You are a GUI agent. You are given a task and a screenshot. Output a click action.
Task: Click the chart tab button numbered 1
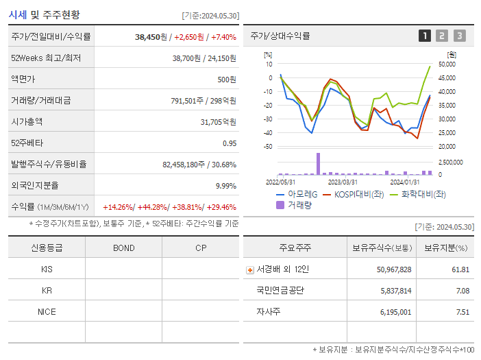pos(425,36)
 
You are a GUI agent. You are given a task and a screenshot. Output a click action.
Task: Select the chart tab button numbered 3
pos(459,36)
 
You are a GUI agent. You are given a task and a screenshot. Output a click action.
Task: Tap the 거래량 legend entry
pos(295,204)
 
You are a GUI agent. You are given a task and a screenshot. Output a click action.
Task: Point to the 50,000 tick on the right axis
pos(447,64)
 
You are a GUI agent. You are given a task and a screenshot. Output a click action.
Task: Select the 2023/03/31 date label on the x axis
pos(343,182)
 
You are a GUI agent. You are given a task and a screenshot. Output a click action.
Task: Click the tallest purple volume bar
pos(318,164)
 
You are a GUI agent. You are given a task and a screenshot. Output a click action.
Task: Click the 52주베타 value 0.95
pos(229,143)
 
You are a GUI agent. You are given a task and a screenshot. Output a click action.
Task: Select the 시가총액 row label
pos(27,122)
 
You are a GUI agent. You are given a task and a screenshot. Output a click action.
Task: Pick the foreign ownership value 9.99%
pos(225,185)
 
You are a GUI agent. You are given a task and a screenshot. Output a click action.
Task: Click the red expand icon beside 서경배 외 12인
pos(249,269)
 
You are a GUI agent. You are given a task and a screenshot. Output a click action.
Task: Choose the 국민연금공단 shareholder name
pos(280,291)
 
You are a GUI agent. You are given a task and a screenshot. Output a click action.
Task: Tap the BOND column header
pos(123,248)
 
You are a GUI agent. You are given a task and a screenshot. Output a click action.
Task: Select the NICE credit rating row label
pos(47,312)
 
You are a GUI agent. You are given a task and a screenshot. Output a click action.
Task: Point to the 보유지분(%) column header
pos(445,248)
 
